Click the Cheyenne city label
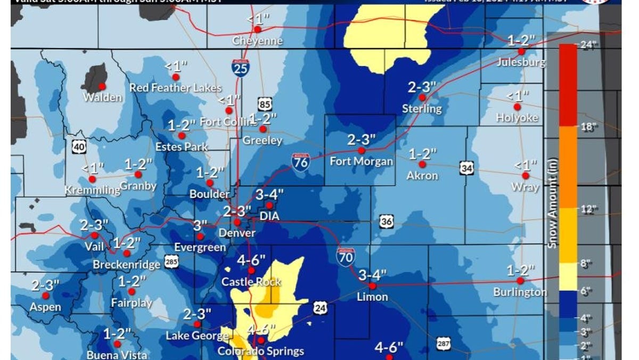tap(258, 41)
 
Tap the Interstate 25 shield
tap(241, 67)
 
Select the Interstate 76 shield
tap(301, 161)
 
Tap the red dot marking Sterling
tap(422, 98)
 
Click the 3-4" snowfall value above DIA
tap(269, 194)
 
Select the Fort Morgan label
tap(362, 161)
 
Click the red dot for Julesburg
tap(522, 52)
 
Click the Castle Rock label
tap(251, 282)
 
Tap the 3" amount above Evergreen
tap(200, 225)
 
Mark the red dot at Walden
tap(102, 86)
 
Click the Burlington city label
tap(520, 292)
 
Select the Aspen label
tap(45, 307)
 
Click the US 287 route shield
tap(444, 343)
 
